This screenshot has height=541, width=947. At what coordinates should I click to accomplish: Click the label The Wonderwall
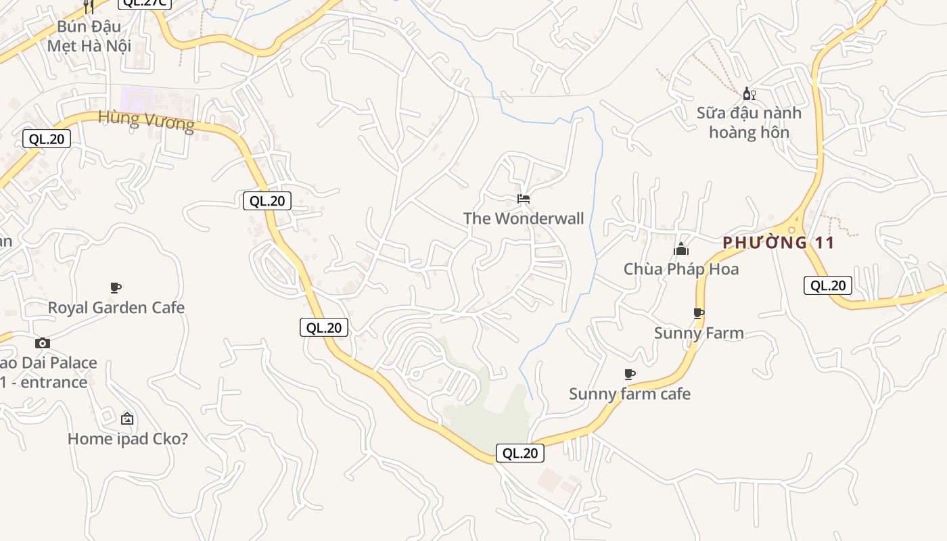pos(524,218)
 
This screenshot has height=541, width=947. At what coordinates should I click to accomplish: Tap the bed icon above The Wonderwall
pos(524,199)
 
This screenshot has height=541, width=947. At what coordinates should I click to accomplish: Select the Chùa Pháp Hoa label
pos(681,269)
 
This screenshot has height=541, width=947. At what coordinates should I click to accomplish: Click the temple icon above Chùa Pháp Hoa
pos(681,250)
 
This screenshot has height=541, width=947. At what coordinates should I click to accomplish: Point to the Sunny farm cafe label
pos(630,394)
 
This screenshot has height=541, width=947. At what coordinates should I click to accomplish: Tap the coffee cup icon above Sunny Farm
pos(699,313)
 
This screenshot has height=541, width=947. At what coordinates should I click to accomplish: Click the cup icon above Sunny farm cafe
pos(630,374)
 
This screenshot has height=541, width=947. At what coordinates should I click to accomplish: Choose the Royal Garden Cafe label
pos(116,308)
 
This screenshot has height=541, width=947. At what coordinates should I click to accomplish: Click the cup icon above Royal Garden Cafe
pos(116,288)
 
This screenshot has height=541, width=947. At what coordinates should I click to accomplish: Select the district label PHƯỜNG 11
pos(779,243)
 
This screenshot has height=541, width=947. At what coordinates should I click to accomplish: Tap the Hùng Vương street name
pos(146,120)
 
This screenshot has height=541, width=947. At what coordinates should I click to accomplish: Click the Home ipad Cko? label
pos(127,439)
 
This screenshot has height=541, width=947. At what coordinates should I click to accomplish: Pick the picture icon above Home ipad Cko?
pos(127,419)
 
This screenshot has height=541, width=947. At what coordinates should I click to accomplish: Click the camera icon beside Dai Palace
pos(43,343)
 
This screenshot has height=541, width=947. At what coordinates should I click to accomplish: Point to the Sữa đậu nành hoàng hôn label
pos(749,122)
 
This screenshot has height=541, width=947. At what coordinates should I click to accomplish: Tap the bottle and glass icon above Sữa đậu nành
pos(749,93)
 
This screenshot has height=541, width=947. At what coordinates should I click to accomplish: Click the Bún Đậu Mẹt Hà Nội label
pos(89,37)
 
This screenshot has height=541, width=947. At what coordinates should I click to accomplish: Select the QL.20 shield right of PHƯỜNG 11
pos(828,285)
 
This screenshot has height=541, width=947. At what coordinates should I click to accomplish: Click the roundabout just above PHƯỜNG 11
pos(791,230)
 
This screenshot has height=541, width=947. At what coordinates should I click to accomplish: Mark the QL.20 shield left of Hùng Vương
pos(47,139)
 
